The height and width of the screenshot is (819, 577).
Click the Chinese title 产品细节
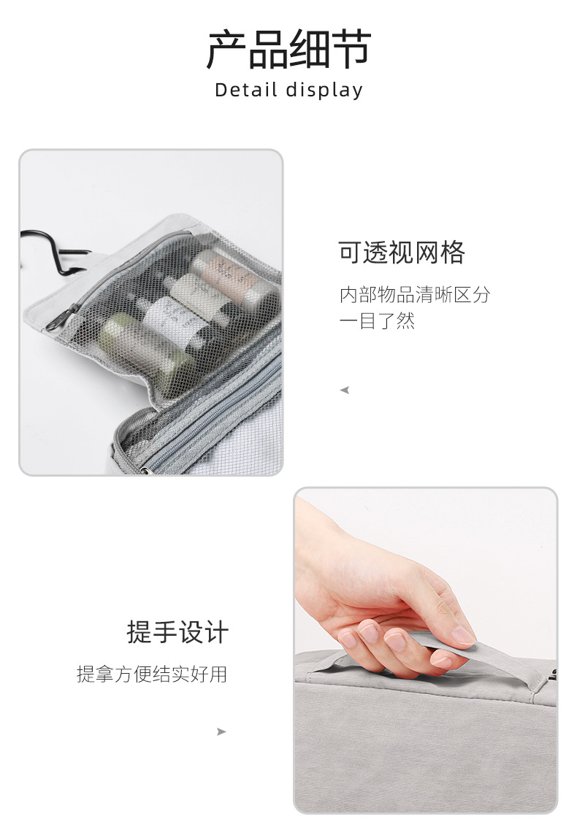[x=288, y=50]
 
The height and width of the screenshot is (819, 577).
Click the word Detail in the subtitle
[x=246, y=90]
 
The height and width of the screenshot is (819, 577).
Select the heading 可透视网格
[x=402, y=253]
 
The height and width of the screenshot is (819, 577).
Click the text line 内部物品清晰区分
[x=415, y=295]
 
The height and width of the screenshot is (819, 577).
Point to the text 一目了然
[x=377, y=320]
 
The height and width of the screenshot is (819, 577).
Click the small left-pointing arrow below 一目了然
[x=344, y=391]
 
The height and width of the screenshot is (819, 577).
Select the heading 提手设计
[x=177, y=632]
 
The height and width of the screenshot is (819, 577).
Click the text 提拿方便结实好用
[x=152, y=674]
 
